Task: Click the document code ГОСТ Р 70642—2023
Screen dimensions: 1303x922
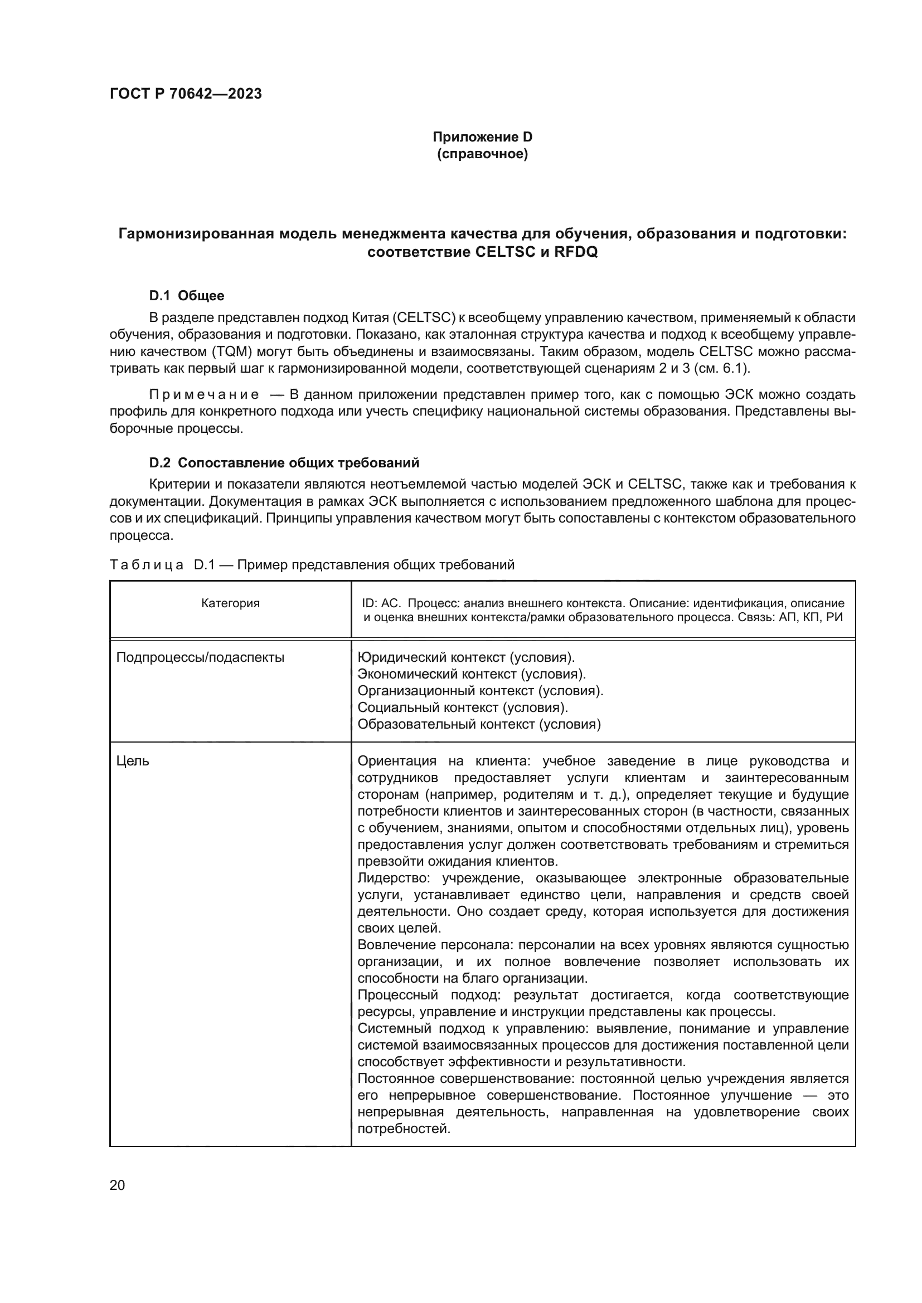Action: [186, 94]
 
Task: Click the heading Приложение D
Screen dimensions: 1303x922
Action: [482, 137]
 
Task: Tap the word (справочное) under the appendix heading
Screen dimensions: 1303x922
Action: [482, 154]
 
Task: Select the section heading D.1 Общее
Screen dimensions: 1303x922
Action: [186, 296]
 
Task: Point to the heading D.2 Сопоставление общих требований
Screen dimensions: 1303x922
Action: [284, 462]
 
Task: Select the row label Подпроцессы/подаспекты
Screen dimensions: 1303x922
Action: [200, 657]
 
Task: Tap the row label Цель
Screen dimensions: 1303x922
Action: [132, 761]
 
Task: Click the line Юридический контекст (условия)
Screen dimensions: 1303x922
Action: [465, 657]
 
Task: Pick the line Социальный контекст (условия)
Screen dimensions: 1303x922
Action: [462, 707]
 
